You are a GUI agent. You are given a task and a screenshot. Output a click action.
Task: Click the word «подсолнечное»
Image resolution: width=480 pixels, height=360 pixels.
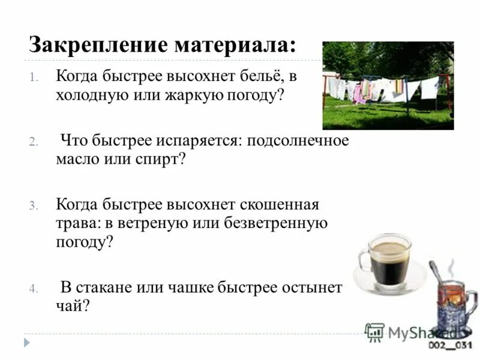pos(304,142)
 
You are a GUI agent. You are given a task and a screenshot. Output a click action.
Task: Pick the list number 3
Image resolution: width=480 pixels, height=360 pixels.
pos(34,206)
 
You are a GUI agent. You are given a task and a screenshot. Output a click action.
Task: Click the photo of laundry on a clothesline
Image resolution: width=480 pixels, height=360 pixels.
pos(388,85)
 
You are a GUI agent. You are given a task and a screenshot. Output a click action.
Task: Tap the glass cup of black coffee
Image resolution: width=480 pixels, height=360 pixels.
pos(387,260)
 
